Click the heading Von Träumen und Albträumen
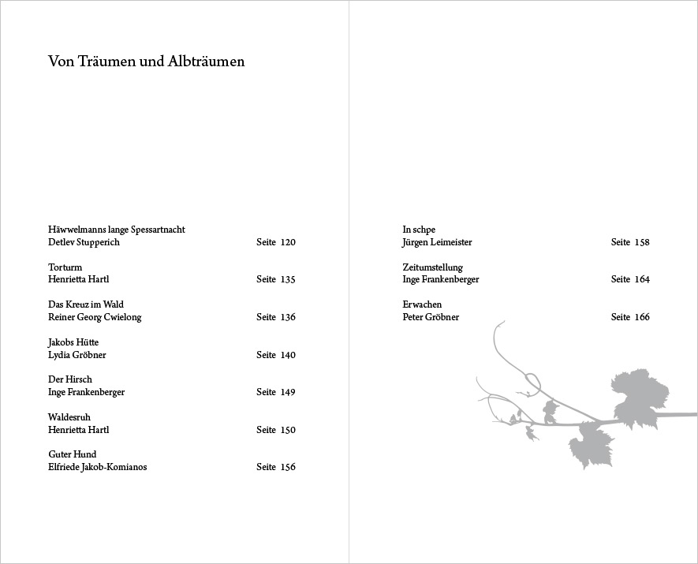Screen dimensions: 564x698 pos(146,62)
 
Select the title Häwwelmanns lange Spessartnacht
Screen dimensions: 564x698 pos(117,230)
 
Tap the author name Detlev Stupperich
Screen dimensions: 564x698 pos(84,242)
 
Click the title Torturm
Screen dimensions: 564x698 pos(65,267)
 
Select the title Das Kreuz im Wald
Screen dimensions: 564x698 pos(85,304)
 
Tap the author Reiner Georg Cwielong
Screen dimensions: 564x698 pos(95,317)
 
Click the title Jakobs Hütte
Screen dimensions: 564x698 pos(73,342)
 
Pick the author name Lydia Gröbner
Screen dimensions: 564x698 pos(77,355)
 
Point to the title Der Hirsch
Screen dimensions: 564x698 pos(70,379)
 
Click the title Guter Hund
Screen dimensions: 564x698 pos(72,454)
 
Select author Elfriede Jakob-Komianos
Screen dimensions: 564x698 pos(97,467)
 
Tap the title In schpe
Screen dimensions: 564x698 pos(419,230)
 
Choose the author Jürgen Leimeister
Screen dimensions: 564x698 pos(437,242)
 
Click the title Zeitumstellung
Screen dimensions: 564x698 pos(432,267)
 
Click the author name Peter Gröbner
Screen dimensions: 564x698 pos(431,317)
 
